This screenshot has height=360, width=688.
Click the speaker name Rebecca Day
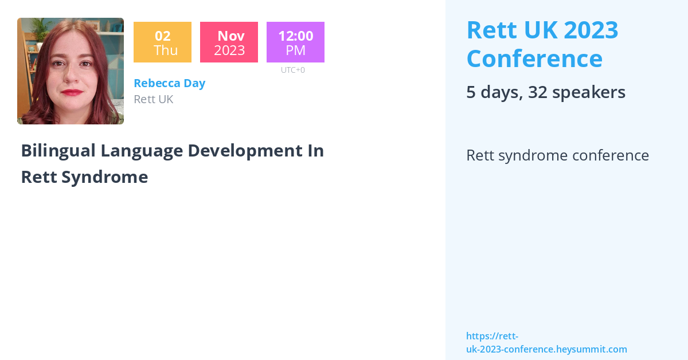click(x=169, y=83)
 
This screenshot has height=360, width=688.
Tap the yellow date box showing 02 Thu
click(x=162, y=42)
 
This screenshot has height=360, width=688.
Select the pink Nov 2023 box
click(x=229, y=42)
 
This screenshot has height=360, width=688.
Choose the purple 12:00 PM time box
click(x=295, y=42)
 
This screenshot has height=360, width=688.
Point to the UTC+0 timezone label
click(x=292, y=70)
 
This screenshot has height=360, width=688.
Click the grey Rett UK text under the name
click(x=153, y=99)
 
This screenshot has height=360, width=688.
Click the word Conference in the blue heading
click(x=534, y=58)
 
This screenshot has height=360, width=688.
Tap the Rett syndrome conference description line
click(x=557, y=155)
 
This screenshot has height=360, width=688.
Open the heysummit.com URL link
click(x=546, y=343)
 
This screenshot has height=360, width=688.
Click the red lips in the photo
click(x=72, y=92)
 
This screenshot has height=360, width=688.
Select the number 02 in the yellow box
click(x=162, y=36)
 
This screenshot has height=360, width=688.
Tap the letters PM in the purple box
click(x=295, y=50)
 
